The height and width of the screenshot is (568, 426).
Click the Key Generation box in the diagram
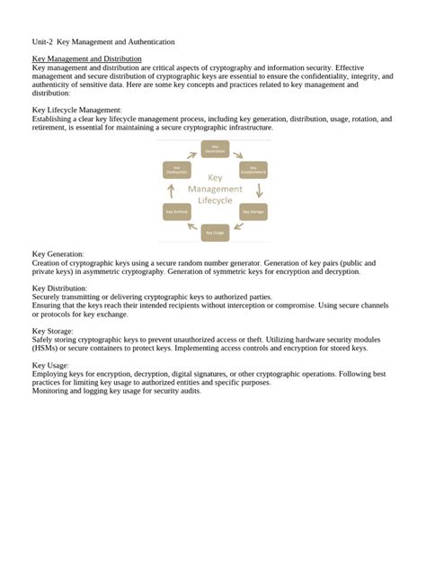pos(214,148)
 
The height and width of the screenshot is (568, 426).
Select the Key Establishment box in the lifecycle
pos(253,168)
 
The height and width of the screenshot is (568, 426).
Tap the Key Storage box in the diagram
pos(253,212)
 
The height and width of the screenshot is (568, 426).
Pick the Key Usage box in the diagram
pos(214,233)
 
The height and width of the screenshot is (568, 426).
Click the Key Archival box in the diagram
pos(176,212)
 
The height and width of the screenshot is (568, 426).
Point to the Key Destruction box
pos(176,168)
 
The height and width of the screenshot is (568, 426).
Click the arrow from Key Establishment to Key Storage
pos(259,191)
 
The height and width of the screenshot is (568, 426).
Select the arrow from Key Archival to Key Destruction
pos(172,191)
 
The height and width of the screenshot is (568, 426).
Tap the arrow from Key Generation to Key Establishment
pos(239,152)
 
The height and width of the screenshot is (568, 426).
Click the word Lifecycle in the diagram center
pos(215,202)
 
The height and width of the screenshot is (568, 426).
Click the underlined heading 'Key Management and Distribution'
pos(86,58)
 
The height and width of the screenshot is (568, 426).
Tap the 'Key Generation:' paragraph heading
pos(58,254)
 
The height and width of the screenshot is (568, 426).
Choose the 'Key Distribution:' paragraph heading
pos(59,288)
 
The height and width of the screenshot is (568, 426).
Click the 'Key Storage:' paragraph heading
pos(52,331)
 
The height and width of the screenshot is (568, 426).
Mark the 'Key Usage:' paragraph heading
pos(49,365)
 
